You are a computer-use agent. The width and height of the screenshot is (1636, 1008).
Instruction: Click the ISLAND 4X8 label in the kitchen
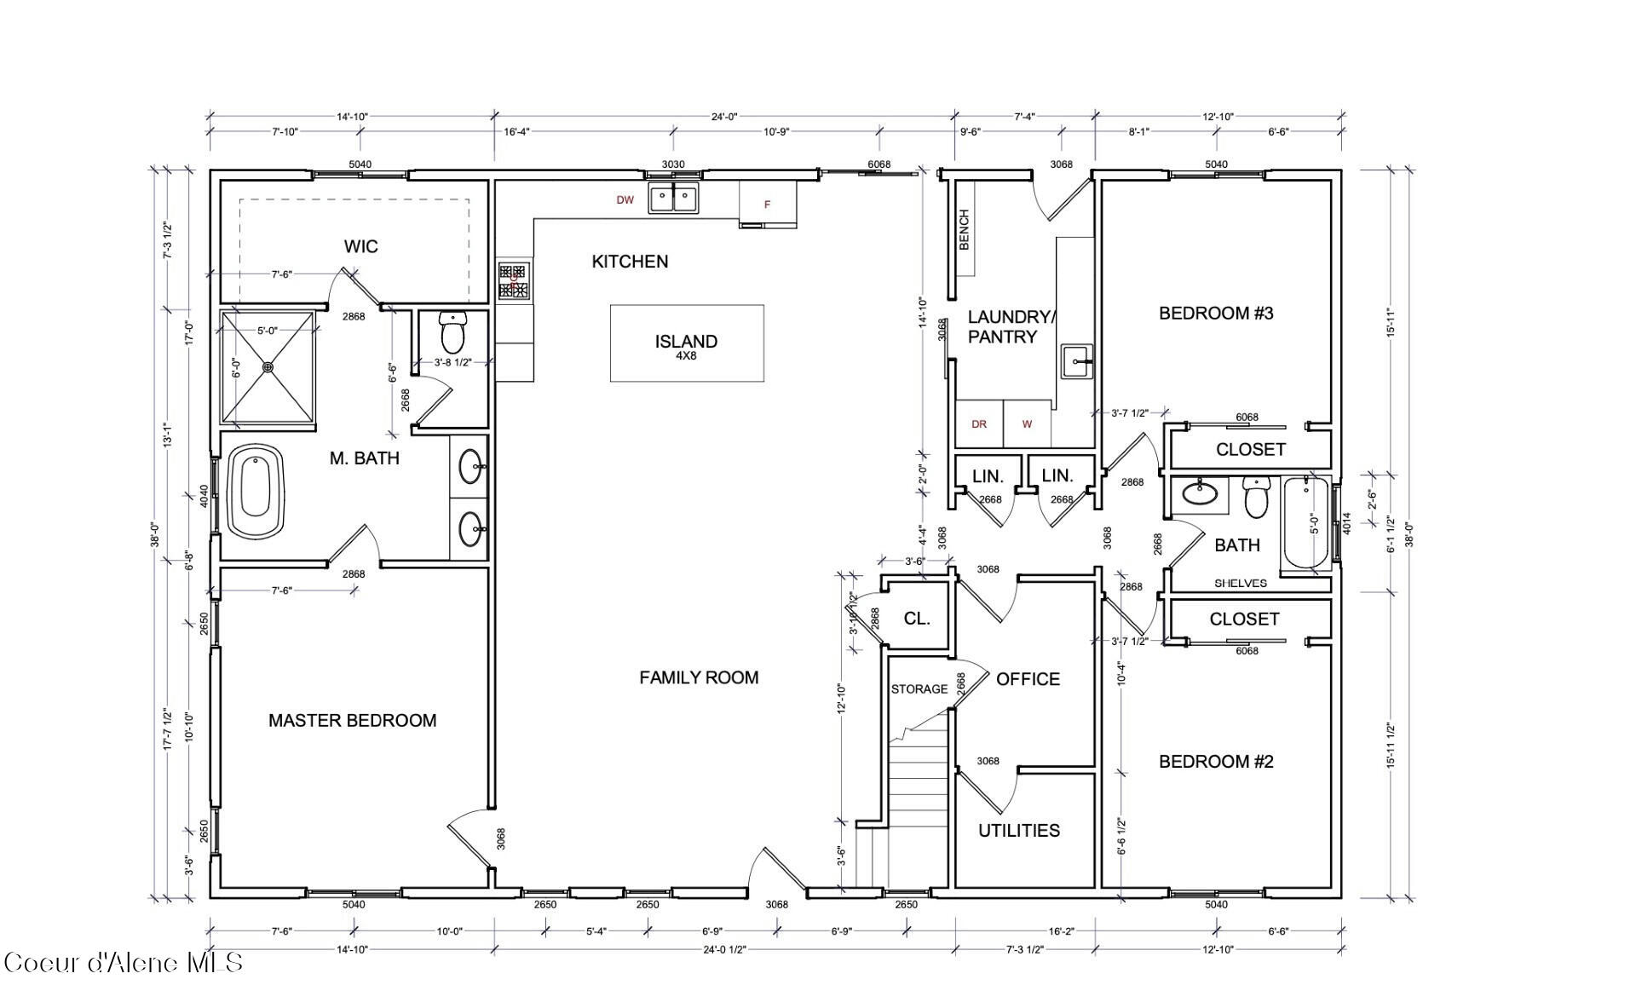pyautogui.click(x=686, y=345)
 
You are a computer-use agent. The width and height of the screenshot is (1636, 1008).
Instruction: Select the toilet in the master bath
pyautogui.click(x=452, y=332)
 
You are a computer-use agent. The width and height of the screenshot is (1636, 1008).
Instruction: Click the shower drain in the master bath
pyautogui.click(x=268, y=367)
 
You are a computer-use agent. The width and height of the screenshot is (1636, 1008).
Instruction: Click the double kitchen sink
pyautogui.click(x=673, y=198)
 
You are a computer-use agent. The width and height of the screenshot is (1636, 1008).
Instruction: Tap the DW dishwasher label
pyautogui.click(x=625, y=200)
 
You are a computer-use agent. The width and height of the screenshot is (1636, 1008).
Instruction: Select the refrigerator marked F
pyautogui.click(x=767, y=204)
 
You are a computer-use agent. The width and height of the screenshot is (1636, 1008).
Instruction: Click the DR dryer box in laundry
pyautogui.click(x=979, y=423)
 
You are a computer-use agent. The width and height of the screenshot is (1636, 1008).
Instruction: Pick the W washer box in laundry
pyautogui.click(x=1027, y=423)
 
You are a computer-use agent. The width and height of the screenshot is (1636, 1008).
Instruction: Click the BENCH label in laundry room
pyautogui.click(x=965, y=230)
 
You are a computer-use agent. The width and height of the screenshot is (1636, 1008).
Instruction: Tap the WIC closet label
pyautogui.click(x=360, y=246)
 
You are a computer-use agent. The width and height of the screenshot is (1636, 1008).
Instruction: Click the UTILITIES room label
pyautogui.click(x=1019, y=830)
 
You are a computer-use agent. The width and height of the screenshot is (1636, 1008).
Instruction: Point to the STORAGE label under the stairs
pyautogui.click(x=919, y=688)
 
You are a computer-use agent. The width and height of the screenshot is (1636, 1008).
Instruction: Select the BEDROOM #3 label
pyautogui.click(x=1216, y=313)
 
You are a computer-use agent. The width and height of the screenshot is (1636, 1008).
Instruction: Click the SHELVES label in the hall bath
pyautogui.click(x=1240, y=584)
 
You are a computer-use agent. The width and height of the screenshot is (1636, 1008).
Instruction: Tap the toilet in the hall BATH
pyautogui.click(x=1257, y=498)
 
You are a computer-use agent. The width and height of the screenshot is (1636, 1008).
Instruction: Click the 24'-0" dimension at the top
pyautogui.click(x=724, y=117)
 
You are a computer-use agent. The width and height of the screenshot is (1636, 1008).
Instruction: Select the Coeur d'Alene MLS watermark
pyautogui.click(x=124, y=963)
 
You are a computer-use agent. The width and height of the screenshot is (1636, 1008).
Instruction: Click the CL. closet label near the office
pyautogui.click(x=917, y=619)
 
